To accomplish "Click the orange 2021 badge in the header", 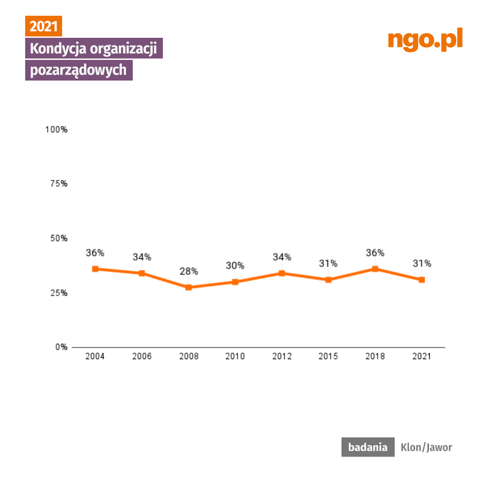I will click(43, 27).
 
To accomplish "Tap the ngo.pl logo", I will click(425, 40).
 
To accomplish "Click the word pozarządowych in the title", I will click(78, 71).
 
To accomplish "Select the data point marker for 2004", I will click(95, 269).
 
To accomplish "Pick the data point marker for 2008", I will click(189, 287).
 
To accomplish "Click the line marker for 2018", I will click(375, 269).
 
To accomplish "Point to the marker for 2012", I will click(282, 273).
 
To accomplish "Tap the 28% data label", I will click(189, 271).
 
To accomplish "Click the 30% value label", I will click(235, 266).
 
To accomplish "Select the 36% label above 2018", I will click(375, 253).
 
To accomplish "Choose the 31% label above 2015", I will click(328, 264).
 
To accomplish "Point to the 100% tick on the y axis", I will click(56, 130).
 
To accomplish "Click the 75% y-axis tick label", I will click(58, 184).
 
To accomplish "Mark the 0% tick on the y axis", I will click(62, 347).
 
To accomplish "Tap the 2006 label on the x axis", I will click(142, 356).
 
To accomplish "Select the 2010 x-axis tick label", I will click(235, 356).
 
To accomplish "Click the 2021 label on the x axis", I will click(422, 356).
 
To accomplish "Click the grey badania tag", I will click(368, 447).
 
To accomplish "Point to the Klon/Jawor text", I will click(426, 447).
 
